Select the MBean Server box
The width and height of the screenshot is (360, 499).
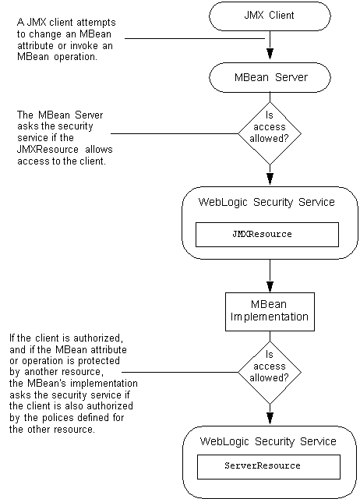pyautogui.click(x=269, y=76)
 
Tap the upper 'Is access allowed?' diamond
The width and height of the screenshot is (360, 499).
pyautogui.click(x=268, y=133)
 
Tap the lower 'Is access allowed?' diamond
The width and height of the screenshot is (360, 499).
pyautogui.click(x=268, y=372)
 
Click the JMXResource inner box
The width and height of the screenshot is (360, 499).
pyautogui.click(x=267, y=234)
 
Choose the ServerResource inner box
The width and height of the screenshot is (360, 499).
pyautogui.click(x=267, y=466)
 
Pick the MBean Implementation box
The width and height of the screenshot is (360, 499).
pyautogui.click(x=269, y=310)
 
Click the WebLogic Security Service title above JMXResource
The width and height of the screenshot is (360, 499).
pyautogui.click(x=267, y=202)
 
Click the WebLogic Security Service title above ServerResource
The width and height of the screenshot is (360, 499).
pyautogui.click(x=267, y=441)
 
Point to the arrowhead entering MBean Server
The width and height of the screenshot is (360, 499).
pyautogui.click(x=269, y=56)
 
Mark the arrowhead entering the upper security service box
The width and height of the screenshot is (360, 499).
pyautogui.click(x=269, y=180)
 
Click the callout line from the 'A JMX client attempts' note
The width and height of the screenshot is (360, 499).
pyautogui.click(x=195, y=38)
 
